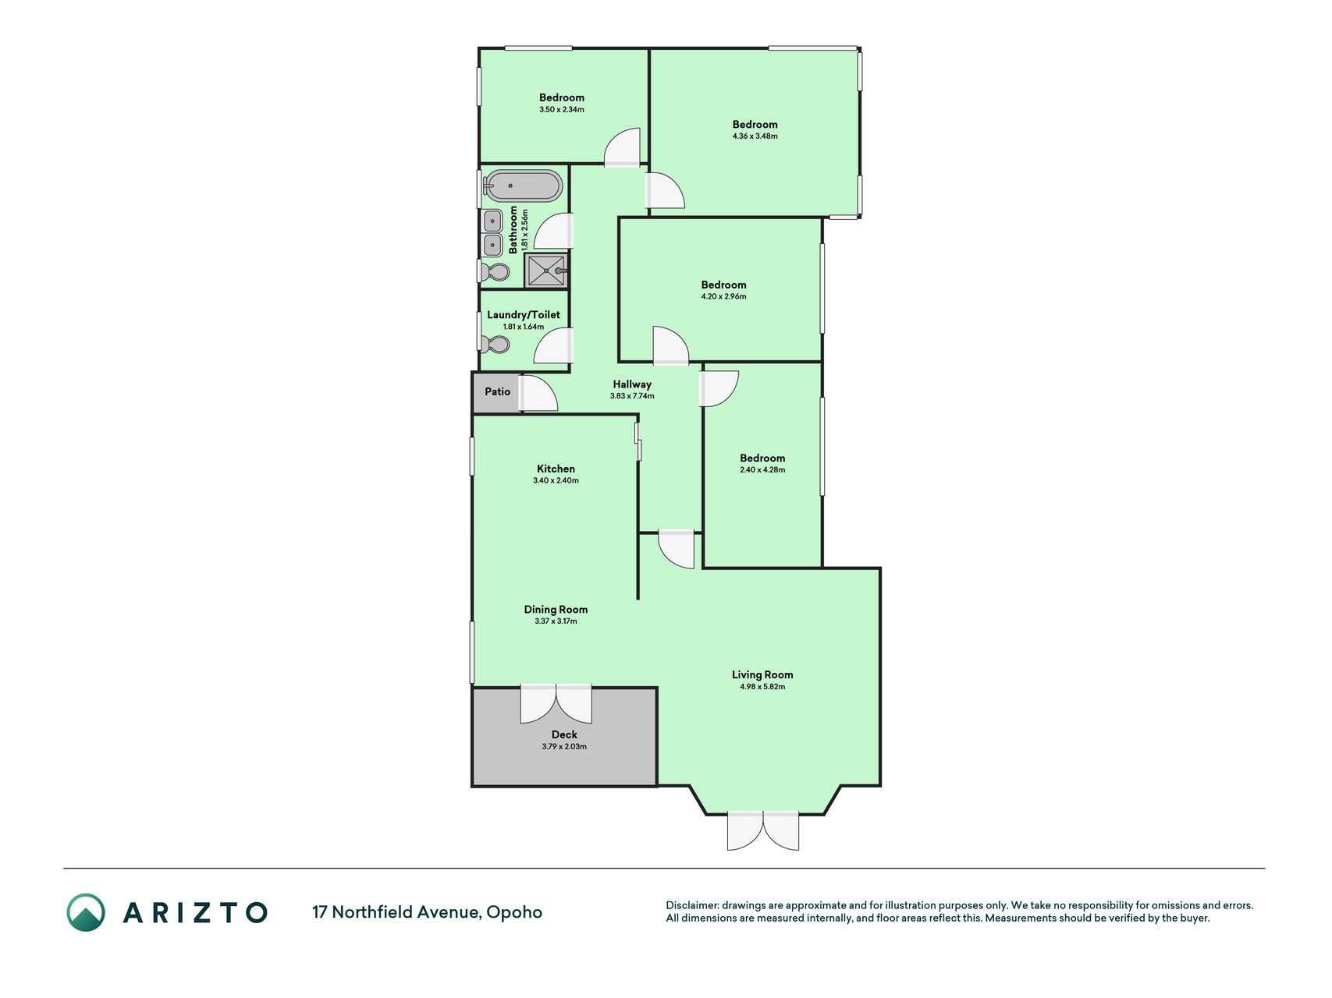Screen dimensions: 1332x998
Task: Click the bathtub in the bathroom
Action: [522, 186]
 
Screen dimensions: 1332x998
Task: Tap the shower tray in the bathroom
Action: [546, 271]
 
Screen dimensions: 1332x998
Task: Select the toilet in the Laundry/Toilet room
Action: [495, 344]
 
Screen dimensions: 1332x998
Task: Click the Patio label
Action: [498, 391]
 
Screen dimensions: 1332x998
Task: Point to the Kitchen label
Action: [556, 469]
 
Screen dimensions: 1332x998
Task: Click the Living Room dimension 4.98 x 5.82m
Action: [762, 687]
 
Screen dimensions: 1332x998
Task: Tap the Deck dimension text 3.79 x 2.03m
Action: [564, 747]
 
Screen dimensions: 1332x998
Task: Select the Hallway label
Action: [632, 384]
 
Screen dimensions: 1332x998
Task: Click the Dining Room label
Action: [556, 610]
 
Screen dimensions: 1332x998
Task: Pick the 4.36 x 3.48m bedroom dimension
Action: [755, 136]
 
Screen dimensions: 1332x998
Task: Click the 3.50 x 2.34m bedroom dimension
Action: [562, 110]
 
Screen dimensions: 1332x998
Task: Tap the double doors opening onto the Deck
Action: [556, 704]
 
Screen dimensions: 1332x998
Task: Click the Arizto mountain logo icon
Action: [86, 912]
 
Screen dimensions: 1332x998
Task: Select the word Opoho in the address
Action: [514, 912]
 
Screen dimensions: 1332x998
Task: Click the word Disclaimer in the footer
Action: [691, 905]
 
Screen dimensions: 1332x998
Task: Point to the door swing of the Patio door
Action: [539, 394]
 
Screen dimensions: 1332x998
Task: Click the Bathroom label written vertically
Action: [513, 230]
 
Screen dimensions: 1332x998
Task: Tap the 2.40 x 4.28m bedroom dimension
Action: [762, 470]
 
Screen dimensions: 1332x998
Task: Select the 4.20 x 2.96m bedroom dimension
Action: [723, 297]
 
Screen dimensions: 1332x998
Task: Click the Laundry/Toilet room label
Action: [524, 315]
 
